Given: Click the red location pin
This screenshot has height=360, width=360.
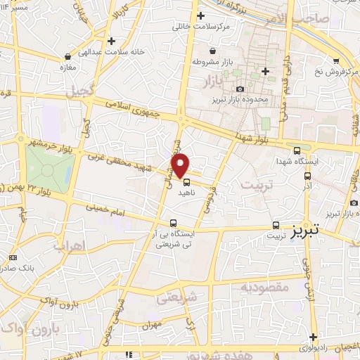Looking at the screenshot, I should coord(181,164).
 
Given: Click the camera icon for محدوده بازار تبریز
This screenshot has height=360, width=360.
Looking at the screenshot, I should coord(240,89).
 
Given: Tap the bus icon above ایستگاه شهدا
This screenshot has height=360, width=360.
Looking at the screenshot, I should coord(297,150).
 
